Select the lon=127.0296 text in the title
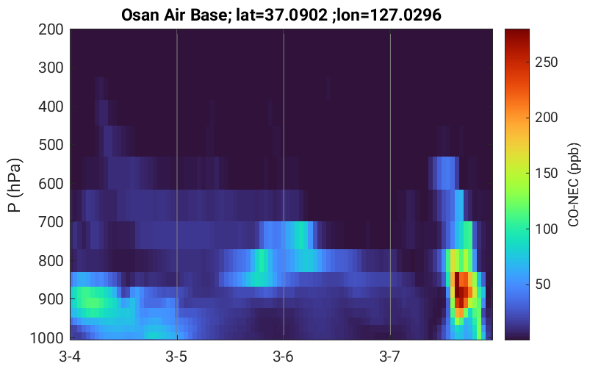[389, 15]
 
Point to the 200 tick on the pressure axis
[51, 29]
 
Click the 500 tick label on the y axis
[51, 145]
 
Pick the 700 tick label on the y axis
[51, 222]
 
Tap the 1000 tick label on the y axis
[47, 337]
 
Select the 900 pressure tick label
[51, 299]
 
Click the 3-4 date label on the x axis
[70, 357]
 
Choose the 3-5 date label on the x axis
[176, 357]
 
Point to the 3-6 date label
[283, 357]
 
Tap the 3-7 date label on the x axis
[389, 357]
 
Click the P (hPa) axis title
[15, 185]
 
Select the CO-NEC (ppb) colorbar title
[574, 185]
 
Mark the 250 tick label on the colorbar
[546, 62]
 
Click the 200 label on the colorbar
[546, 118]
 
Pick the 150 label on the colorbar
[546, 173]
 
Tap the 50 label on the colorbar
[542, 284]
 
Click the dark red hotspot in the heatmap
[461, 292]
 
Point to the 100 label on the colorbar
[546, 229]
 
